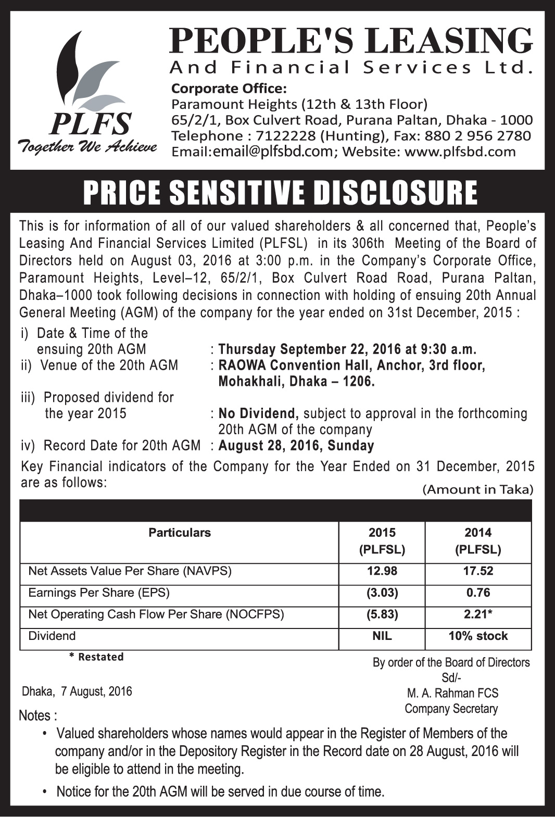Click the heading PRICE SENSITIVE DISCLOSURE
pyautogui.click(x=280, y=192)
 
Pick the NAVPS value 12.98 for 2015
pyautogui.click(x=382, y=571)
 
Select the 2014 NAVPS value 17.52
pyautogui.click(x=478, y=571)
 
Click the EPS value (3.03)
pyautogui.click(x=382, y=593)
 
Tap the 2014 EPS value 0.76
pyautogui.click(x=478, y=593)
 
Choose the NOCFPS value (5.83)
pyautogui.click(x=382, y=614)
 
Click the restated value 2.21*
pyautogui.click(x=478, y=614)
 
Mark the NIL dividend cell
pyautogui.click(x=382, y=636)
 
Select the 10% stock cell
pyautogui.click(x=478, y=636)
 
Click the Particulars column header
pyautogui.click(x=180, y=533)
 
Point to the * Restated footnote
pyautogui.click(x=96, y=657)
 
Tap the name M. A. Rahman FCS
pyautogui.click(x=452, y=693)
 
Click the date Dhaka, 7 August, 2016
pyautogui.click(x=77, y=691)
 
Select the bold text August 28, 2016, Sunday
pyautogui.click(x=296, y=446)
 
